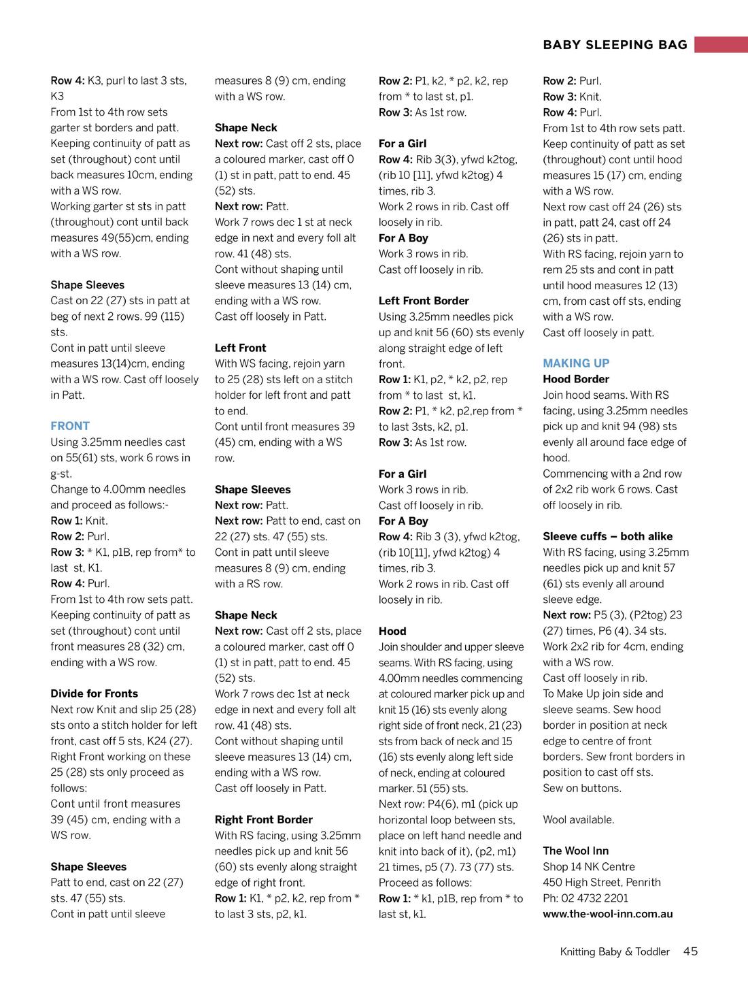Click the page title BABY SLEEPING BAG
[615, 45]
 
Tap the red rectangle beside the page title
[721, 45]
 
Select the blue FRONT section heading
[70, 426]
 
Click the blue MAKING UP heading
[576, 363]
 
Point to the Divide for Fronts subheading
[94, 693]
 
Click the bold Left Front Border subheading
[424, 301]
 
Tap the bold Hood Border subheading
[575, 379]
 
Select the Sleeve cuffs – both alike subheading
[607, 536]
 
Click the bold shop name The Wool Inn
[575, 851]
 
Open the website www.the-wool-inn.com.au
[607, 914]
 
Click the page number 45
[690, 951]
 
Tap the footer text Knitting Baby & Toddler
[615, 952]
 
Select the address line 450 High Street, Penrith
[601, 883]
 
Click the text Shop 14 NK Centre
[588, 867]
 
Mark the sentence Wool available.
[578, 819]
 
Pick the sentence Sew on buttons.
[581, 788]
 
